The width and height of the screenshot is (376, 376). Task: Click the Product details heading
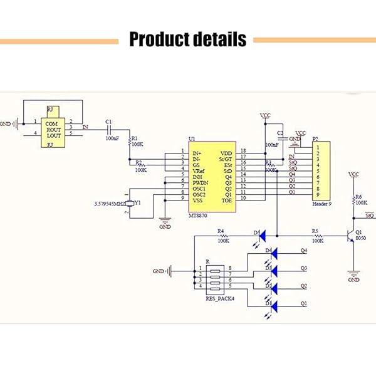pos(187,40)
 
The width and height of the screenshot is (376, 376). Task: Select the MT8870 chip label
pos(199,214)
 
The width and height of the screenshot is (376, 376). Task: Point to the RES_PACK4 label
pos(220,298)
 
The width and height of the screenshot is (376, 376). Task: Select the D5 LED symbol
pos(262,236)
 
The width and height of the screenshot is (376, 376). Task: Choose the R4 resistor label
pos(220,230)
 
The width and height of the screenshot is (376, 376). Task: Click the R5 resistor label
pos(315,230)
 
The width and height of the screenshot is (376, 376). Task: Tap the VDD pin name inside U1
pos(226,153)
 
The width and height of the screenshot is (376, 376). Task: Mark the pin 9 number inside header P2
pos(318,194)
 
